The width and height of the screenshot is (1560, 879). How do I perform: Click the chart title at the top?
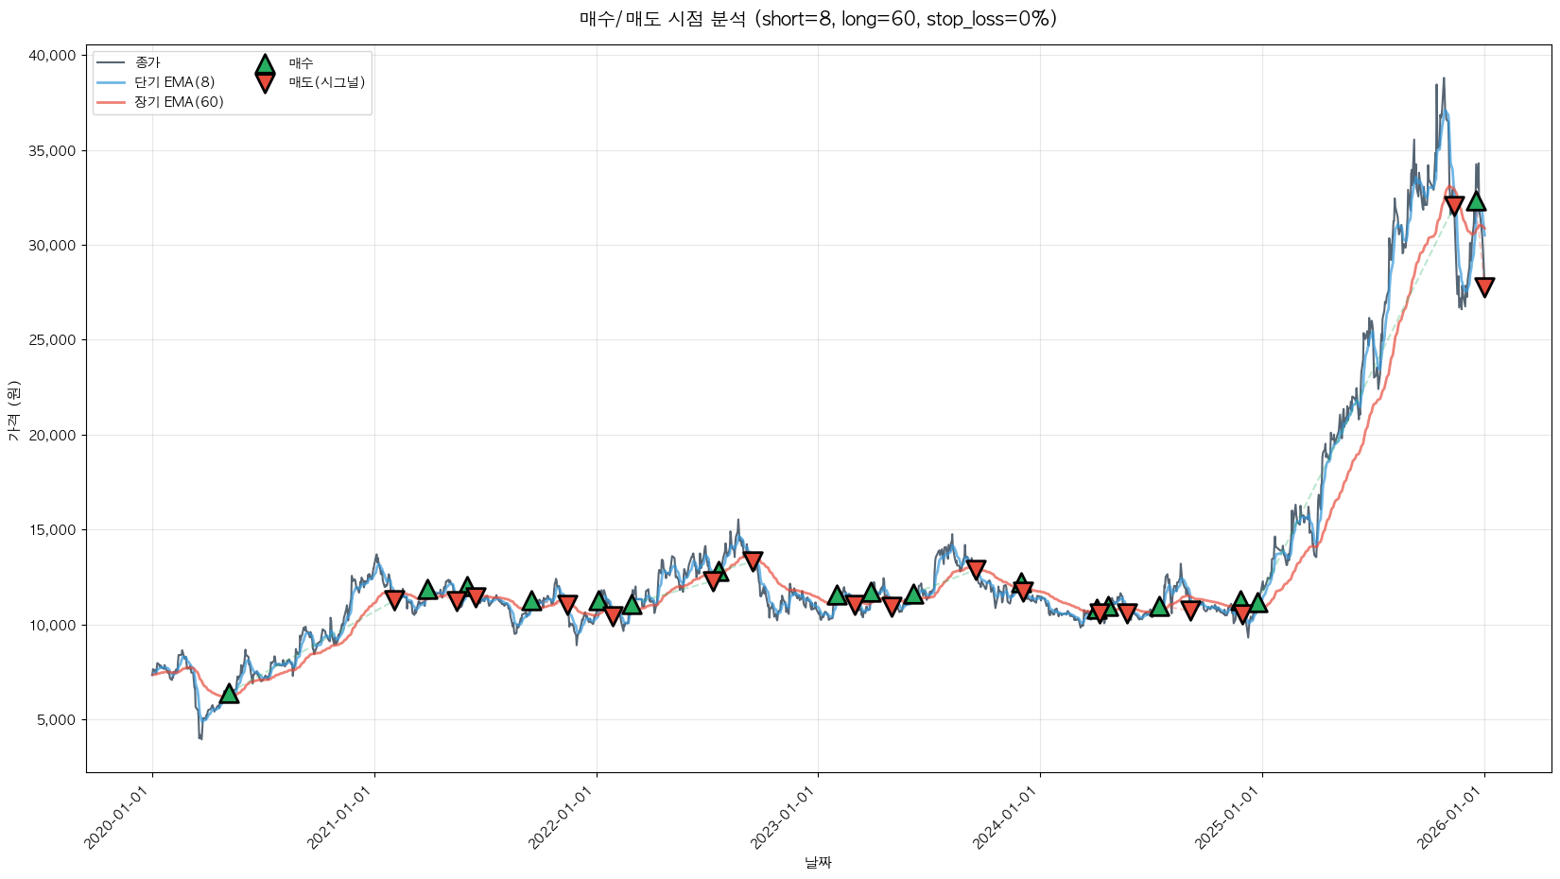click(818, 19)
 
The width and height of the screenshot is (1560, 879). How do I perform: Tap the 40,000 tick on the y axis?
click(52, 56)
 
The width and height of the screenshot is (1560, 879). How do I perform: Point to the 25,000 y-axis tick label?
click(52, 340)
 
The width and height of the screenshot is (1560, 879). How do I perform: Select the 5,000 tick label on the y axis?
click(56, 720)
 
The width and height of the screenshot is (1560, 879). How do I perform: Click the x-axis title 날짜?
click(818, 862)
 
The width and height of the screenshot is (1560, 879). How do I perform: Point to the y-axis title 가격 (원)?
click(13, 410)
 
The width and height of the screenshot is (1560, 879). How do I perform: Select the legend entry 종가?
click(147, 62)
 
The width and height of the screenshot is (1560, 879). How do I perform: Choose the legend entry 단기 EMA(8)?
click(175, 82)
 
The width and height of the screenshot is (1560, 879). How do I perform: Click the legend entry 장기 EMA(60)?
click(179, 102)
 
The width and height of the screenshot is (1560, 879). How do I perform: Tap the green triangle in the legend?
click(265, 64)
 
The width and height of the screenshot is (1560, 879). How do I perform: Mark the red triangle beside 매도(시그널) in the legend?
click(265, 83)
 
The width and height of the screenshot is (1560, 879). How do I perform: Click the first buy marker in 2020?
click(229, 694)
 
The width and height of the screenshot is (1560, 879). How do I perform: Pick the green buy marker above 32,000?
click(1476, 201)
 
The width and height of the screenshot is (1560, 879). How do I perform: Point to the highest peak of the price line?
click(1443, 78)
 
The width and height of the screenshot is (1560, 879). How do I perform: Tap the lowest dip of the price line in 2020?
click(200, 738)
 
